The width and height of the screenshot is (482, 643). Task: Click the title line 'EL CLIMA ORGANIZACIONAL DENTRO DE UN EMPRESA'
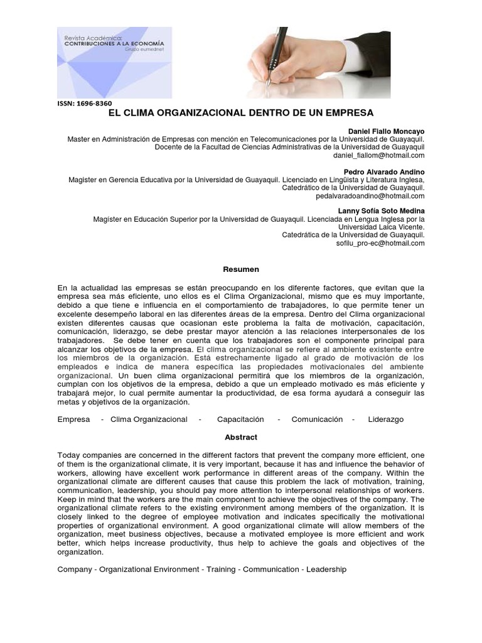point(241,114)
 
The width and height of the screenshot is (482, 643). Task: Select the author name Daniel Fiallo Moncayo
point(386,131)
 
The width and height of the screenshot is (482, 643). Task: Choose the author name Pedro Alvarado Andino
point(384,171)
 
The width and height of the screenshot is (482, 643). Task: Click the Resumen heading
point(241,269)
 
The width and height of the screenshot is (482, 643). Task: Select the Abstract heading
point(241,438)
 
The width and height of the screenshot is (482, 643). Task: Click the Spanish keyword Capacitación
point(240,419)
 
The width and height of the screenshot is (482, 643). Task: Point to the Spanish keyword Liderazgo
point(386,419)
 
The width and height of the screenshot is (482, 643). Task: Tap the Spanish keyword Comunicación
point(317,419)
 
